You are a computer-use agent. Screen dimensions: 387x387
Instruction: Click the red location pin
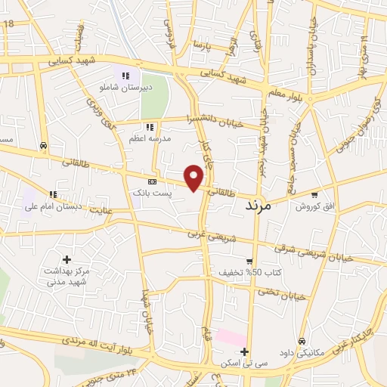tap(195, 177)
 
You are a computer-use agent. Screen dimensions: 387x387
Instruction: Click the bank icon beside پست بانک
tap(153, 182)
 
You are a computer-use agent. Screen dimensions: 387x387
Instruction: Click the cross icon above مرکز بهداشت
tap(67, 259)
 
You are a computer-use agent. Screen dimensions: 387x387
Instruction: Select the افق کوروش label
tap(310, 206)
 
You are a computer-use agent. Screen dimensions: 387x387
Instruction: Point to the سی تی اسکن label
tap(244, 364)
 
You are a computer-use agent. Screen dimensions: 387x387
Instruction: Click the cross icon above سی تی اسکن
tap(244, 351)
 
